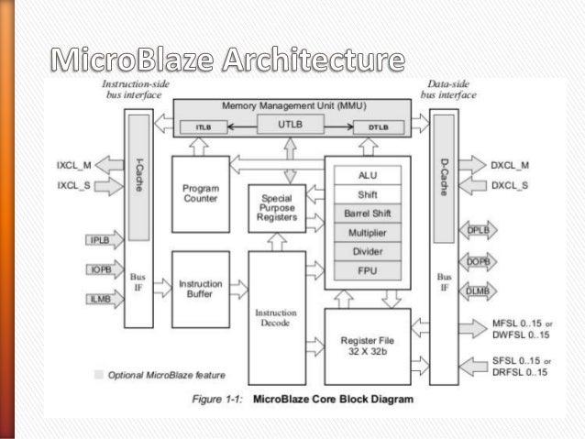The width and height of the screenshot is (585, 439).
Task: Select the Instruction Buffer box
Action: [x=200, y=289]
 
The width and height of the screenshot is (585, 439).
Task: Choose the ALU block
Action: [x=366, y=174]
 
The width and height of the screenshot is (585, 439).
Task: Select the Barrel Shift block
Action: [x=366, y=213]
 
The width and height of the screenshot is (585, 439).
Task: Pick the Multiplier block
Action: [x=366, y=232]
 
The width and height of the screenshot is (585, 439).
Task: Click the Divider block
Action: [x=366, y=251]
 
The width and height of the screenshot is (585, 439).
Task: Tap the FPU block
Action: [x=366, y=270]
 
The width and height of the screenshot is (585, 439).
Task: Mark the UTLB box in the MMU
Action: [x=290, y=121]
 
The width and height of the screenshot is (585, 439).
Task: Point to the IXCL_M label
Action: [x=73, y=165]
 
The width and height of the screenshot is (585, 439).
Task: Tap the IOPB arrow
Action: [x=102, y=270]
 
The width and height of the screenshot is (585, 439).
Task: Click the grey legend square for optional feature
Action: [x=98, y=374]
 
